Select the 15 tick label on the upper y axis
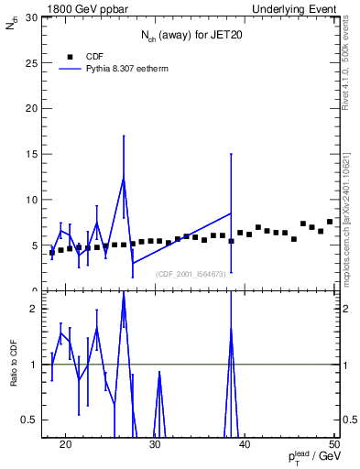coord(32,154)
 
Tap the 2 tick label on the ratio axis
coord(35,309)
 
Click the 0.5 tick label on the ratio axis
coord(31,420)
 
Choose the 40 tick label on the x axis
coord(245,446)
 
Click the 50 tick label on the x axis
coord(333,446)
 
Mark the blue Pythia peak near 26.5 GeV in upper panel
coord(124,178)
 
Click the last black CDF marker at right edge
coord(330,222)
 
